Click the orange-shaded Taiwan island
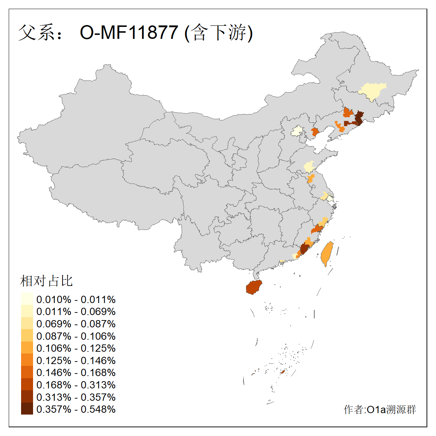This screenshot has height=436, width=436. coord(327,254)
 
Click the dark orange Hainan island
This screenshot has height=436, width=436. coord(254,287)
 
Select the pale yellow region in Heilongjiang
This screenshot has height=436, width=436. coord(372,91)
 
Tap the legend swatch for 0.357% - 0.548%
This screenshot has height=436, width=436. coord(27,409)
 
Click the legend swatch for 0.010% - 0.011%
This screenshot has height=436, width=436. coord(27,299)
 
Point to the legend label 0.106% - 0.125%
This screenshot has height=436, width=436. coord(76,348)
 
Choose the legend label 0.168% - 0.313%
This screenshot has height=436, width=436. coord(76,385)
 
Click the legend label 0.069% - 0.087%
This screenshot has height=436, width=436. coord(76,324)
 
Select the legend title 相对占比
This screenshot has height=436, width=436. coord(47,281)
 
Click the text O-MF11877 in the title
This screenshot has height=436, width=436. coord(129,33)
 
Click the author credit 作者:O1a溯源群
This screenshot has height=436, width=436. coord(380,409)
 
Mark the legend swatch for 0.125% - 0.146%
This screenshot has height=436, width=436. coord(27,360)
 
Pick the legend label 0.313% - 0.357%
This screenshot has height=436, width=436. coord(76,397)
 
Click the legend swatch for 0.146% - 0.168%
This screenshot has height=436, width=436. coord(27,372)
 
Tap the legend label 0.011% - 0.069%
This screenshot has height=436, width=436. coord(76,311)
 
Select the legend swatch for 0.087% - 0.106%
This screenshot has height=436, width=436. coord(27,336)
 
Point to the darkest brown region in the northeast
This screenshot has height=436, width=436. coord(359,118)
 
